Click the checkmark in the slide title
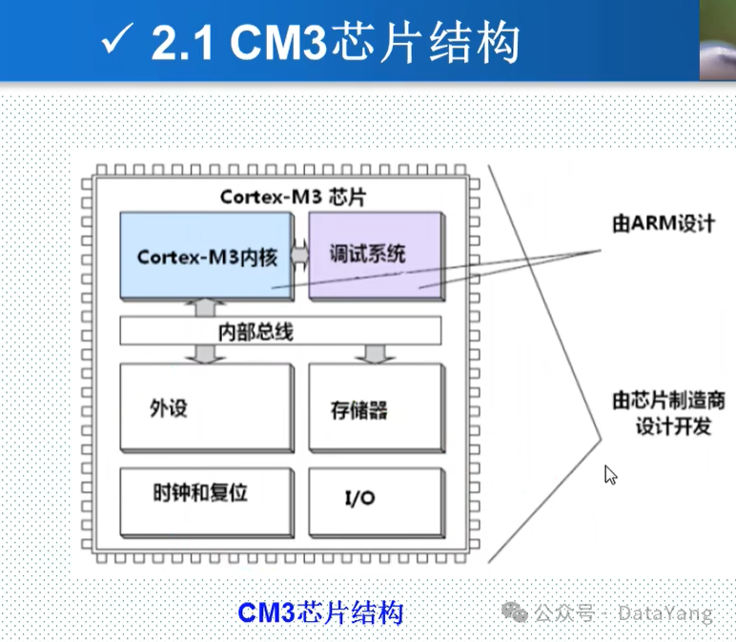tap(119, 41)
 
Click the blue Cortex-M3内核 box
tap(207, 255)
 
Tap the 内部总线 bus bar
tap(281, 331)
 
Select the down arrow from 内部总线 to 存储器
tap(373, 354)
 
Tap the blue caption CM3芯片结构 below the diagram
tap(320, 611)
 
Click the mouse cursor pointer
tap(610, 474)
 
